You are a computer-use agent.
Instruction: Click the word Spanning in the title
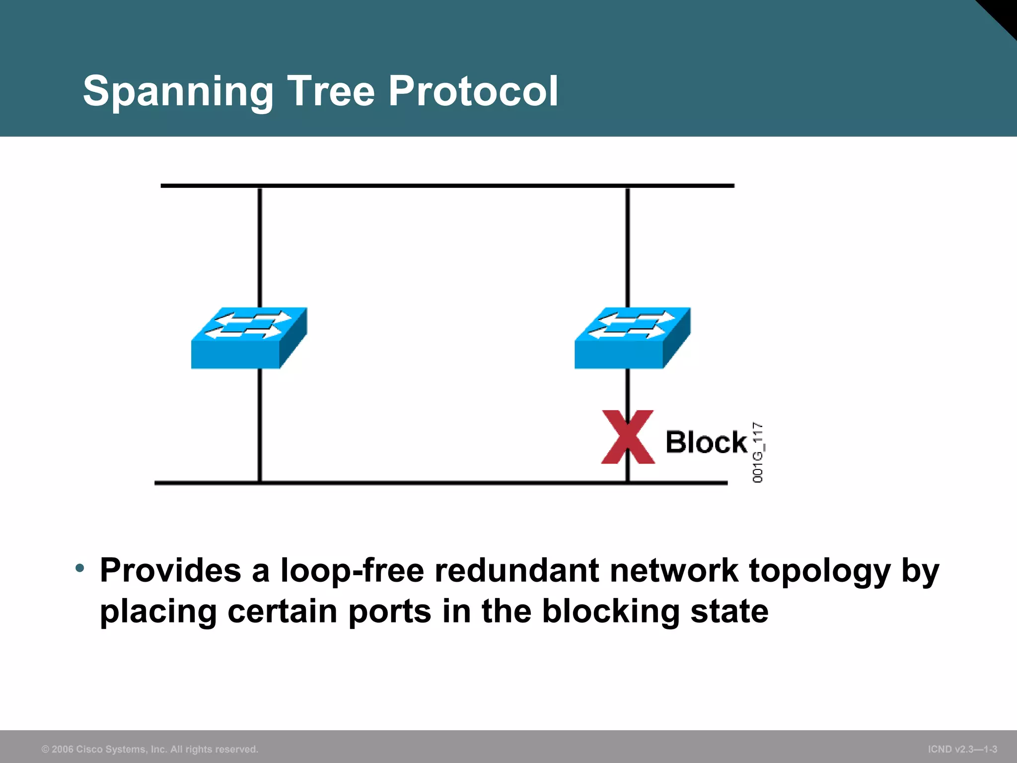[178, 91]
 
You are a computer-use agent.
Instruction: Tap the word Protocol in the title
[473, 91]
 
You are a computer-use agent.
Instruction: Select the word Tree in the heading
[331, 91]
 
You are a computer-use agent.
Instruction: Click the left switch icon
[249, 338]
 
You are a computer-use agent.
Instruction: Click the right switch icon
[632, 338]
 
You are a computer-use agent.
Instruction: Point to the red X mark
[628, 437]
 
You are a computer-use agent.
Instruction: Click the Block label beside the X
[706, 442]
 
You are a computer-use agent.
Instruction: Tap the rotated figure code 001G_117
[758, 453]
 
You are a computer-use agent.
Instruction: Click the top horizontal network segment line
[447, 186]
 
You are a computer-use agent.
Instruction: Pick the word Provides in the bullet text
[170, 570]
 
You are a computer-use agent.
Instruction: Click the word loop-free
[352, 570]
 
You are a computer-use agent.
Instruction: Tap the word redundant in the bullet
[516, 570]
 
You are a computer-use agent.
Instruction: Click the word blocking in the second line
[610, 611]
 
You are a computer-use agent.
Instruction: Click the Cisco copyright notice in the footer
[150, 749]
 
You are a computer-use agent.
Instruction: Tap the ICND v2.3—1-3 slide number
[962, 749]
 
